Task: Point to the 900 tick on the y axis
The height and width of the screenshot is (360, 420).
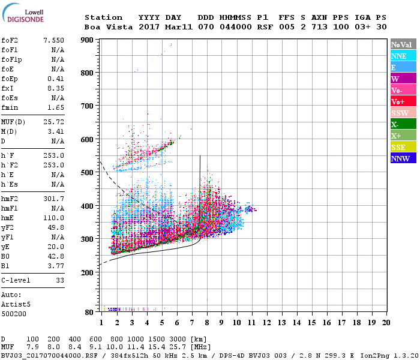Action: click(88, 40)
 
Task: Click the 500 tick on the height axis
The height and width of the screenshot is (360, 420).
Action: click(88, 173)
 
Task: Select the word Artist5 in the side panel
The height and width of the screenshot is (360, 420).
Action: click(13, 304)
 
